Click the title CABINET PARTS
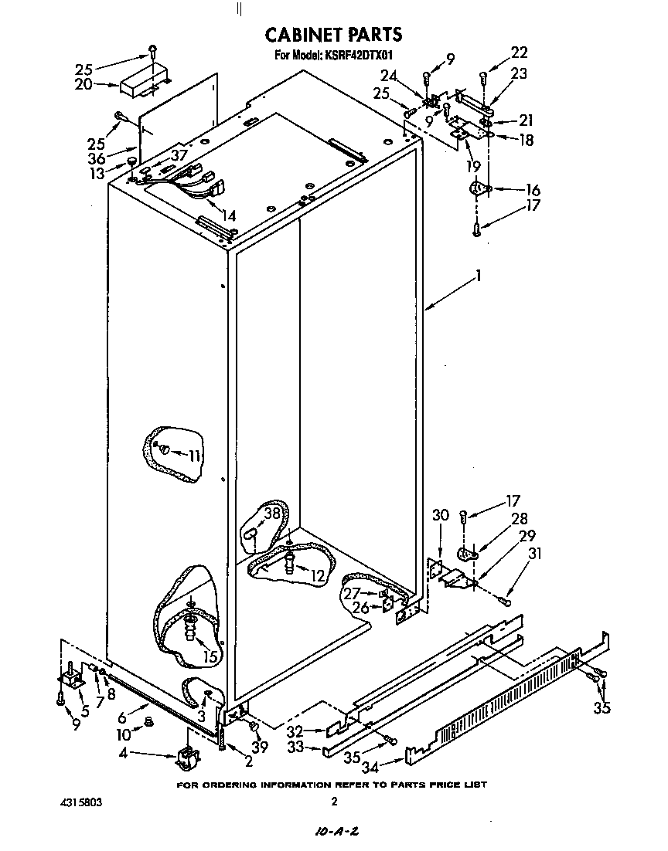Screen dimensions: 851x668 click(x=333, y=34)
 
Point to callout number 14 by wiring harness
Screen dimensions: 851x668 click(x=229, y=215)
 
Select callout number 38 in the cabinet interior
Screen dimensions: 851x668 click(x=271, y=513)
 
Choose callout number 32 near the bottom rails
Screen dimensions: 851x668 click(x=315, y=731)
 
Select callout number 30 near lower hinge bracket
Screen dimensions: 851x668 click(x=440, y=515)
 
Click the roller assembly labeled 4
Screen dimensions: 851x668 click(x=186, y=757)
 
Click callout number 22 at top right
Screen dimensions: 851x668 click(x=520, y=53)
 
